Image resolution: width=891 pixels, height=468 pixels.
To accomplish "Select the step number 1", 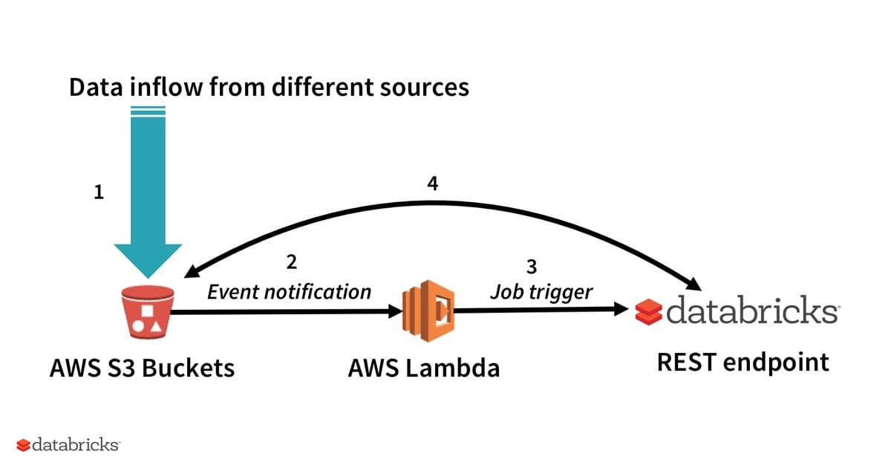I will tap(99, 193).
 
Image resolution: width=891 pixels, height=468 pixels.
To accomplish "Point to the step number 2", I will tap(291, 261).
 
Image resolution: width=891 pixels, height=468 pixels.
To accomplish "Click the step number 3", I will tap(531, 266).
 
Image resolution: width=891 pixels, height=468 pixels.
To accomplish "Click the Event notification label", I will tap(289, 291).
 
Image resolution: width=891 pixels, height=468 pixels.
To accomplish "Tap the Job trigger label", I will tap(541, 291).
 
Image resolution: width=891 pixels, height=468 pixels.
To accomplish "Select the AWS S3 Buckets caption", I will tap(142, 367).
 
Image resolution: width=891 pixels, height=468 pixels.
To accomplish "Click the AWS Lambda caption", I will tap(423, 367).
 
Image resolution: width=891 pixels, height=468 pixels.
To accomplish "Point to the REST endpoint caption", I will tap(742, 362).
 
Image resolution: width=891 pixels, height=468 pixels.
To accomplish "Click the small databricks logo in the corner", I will tap(68, 445).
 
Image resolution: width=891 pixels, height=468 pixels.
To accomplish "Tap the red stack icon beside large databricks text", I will tap(648, 312).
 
